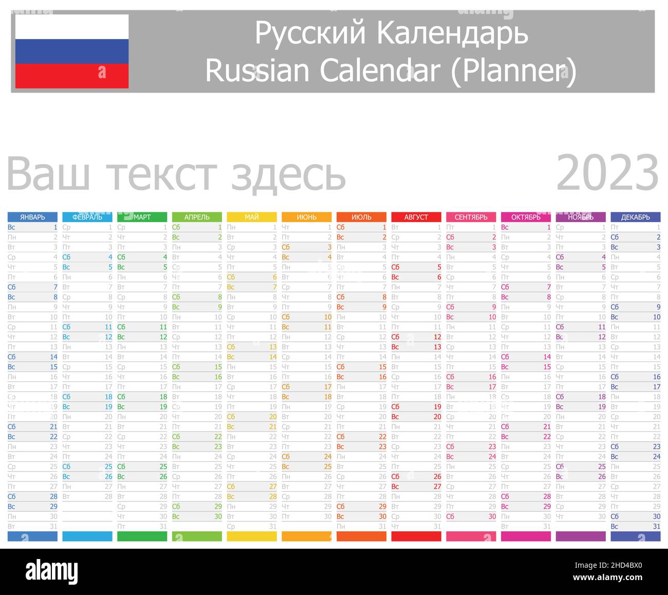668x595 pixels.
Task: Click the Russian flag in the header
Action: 72,51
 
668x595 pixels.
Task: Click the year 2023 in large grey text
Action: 607,174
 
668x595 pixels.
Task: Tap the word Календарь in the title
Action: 452,33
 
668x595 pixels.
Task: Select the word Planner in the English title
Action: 513,70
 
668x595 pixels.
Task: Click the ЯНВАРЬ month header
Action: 33,217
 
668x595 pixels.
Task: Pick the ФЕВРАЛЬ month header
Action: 87,217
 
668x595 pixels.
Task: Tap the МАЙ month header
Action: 252,217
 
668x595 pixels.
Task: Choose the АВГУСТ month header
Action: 416,217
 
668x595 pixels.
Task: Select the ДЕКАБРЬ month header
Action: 636,217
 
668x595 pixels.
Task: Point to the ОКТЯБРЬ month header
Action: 526,217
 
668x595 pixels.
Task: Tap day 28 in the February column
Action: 108,497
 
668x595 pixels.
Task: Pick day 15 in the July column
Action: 382,367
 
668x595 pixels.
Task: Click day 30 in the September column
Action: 492,517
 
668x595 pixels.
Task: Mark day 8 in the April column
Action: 218,297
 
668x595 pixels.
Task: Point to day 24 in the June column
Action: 327,457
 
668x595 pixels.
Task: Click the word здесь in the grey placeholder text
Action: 288,175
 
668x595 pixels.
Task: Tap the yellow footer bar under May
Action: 252,536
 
